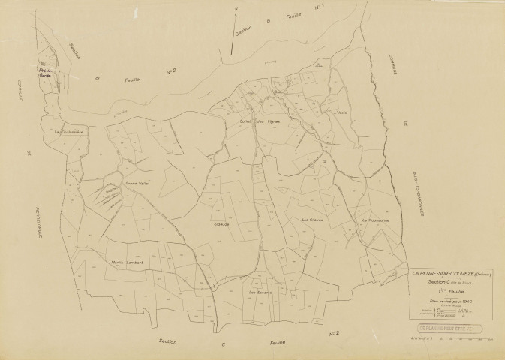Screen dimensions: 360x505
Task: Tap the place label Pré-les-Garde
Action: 50,73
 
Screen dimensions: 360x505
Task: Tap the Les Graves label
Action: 311,220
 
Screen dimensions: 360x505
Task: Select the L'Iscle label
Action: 341,113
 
